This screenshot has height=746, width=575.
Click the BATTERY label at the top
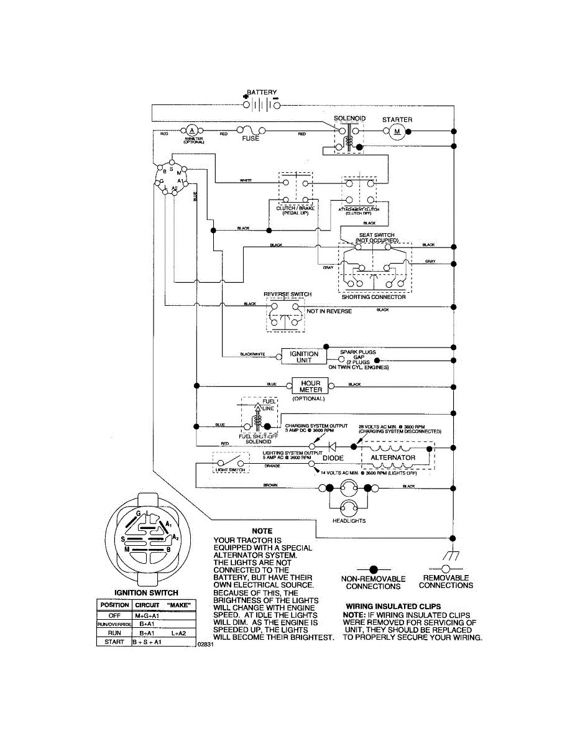(x=262, y=92)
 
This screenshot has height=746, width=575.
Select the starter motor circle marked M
(x=397, y=131)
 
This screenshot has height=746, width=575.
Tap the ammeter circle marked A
(x=191, y=130)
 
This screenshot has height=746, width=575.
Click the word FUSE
(x=251, y=139)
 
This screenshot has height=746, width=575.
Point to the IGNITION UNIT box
(x=304, y=357)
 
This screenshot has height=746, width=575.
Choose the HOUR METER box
(x=310, y=386)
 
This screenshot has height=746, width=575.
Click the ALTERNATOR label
(x=393, y=458)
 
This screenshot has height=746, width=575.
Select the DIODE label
(x=333, y=458)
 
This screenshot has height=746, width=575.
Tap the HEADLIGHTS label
(x=349, y=521)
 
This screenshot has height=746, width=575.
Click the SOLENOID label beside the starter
(x=349, y=118)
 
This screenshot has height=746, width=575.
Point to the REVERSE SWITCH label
(x=287, y=294)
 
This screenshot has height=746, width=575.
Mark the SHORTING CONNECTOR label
(x=374, y=297)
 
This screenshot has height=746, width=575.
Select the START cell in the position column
(x=114, y=642)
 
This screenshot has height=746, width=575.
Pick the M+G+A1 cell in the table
(x=147, y=615)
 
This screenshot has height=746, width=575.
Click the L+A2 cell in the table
(x=180, y=633)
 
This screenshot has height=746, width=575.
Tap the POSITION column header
(x=114, y=605)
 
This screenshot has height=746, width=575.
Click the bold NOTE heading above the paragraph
(x=262, y=531)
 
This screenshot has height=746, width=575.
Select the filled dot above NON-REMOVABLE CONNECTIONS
(x=373, y=569)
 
